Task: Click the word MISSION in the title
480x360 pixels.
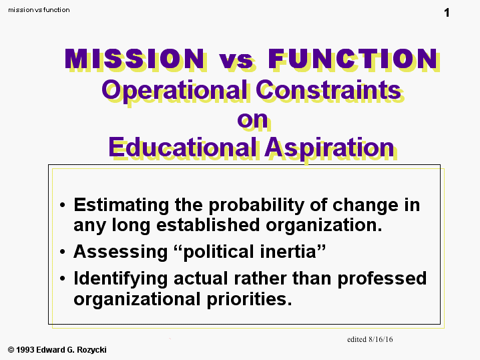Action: point(134,59)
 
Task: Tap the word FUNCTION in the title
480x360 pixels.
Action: point(353,59)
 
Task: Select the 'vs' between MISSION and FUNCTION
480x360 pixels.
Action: point(236,61)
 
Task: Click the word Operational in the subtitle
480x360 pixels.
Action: point(174,90)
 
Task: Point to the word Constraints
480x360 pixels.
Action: point(328,89)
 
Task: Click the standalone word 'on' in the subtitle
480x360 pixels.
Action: point(252,120)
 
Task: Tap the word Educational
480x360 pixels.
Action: point(182,147)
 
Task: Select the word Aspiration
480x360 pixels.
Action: point(329,148)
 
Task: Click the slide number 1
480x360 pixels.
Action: point(447,13)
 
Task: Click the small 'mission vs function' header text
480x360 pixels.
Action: point(39,10)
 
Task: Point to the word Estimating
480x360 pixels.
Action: point(122,205)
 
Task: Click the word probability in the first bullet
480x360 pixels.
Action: point(256,205)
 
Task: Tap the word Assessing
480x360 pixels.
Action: point(121,252)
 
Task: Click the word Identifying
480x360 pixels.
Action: point(121,279)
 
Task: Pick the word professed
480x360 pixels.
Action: point(382,279)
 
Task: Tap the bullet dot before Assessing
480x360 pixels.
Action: point(63,252)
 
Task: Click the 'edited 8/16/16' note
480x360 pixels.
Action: point(370,339)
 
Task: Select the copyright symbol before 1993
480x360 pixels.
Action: point(11,350)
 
